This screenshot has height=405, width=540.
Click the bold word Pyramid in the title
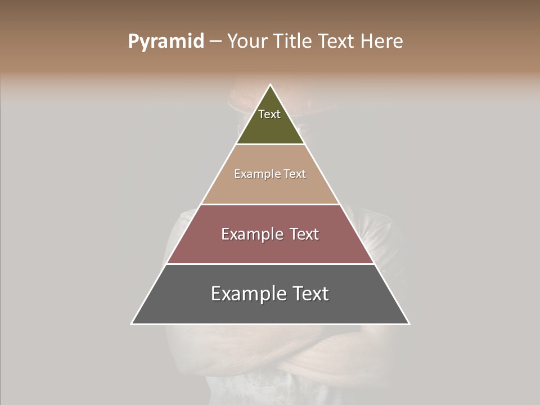coord(166,41)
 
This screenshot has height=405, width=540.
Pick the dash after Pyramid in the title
coord(215,42)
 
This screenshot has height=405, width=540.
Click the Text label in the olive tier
coord(269,114)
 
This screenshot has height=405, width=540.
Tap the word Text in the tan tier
coord(295,174)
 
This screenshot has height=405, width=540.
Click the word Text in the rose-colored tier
coord(303,234)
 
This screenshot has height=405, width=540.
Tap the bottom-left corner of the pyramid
coord(132,323)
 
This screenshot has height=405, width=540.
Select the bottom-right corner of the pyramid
coord(409,323)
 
